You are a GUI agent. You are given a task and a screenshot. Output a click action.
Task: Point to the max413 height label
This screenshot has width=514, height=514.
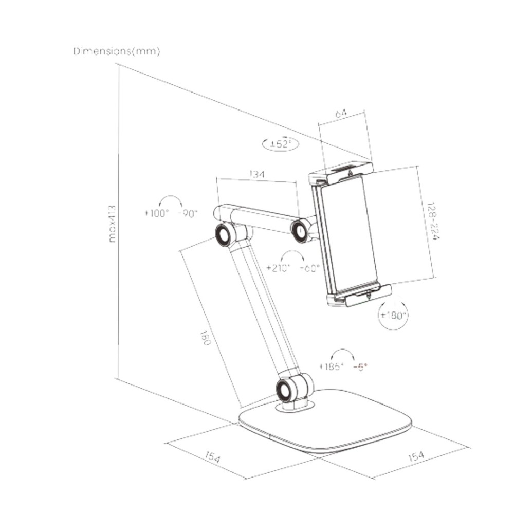[113, 224]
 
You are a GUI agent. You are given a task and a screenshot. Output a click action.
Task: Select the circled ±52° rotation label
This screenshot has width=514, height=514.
[280, 144]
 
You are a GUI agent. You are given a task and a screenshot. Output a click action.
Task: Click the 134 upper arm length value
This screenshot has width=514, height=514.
[258, 175]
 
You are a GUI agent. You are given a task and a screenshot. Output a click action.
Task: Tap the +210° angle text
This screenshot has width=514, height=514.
[279, 268]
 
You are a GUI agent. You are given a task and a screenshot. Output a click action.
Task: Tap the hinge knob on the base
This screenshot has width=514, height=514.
[285, 391]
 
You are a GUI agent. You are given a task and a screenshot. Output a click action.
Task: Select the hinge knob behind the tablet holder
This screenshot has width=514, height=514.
[300, 231]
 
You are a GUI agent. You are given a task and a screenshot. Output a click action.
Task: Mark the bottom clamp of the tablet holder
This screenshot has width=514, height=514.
[360, 296]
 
